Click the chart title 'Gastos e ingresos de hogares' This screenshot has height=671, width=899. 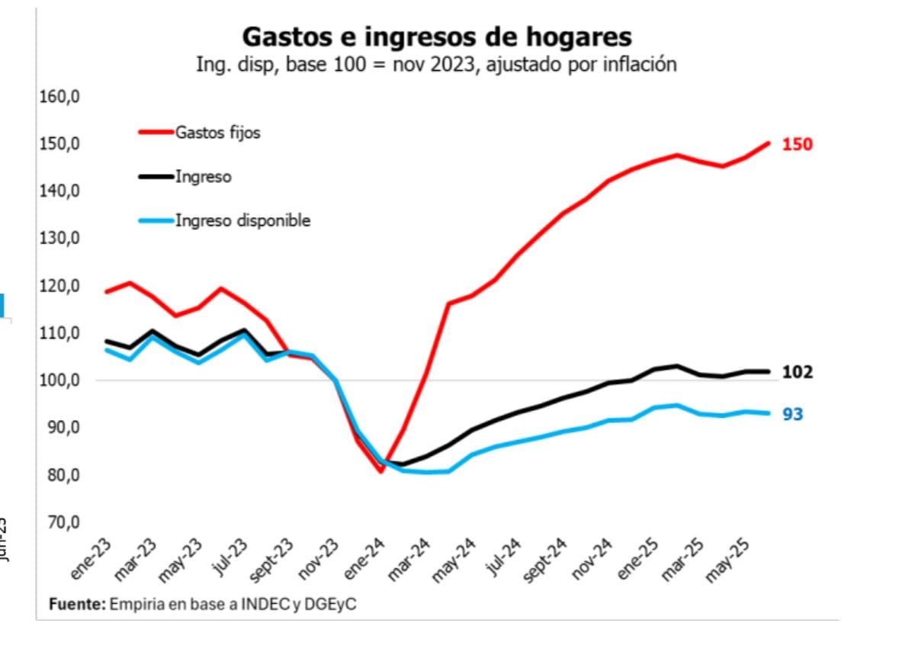436,37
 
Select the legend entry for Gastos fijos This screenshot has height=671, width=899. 217,132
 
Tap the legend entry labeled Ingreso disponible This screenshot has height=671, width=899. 242,220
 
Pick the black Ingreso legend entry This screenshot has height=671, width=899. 203,177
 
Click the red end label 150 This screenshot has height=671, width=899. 797,144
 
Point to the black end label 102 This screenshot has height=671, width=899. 797,372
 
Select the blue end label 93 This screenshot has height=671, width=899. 792,415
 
